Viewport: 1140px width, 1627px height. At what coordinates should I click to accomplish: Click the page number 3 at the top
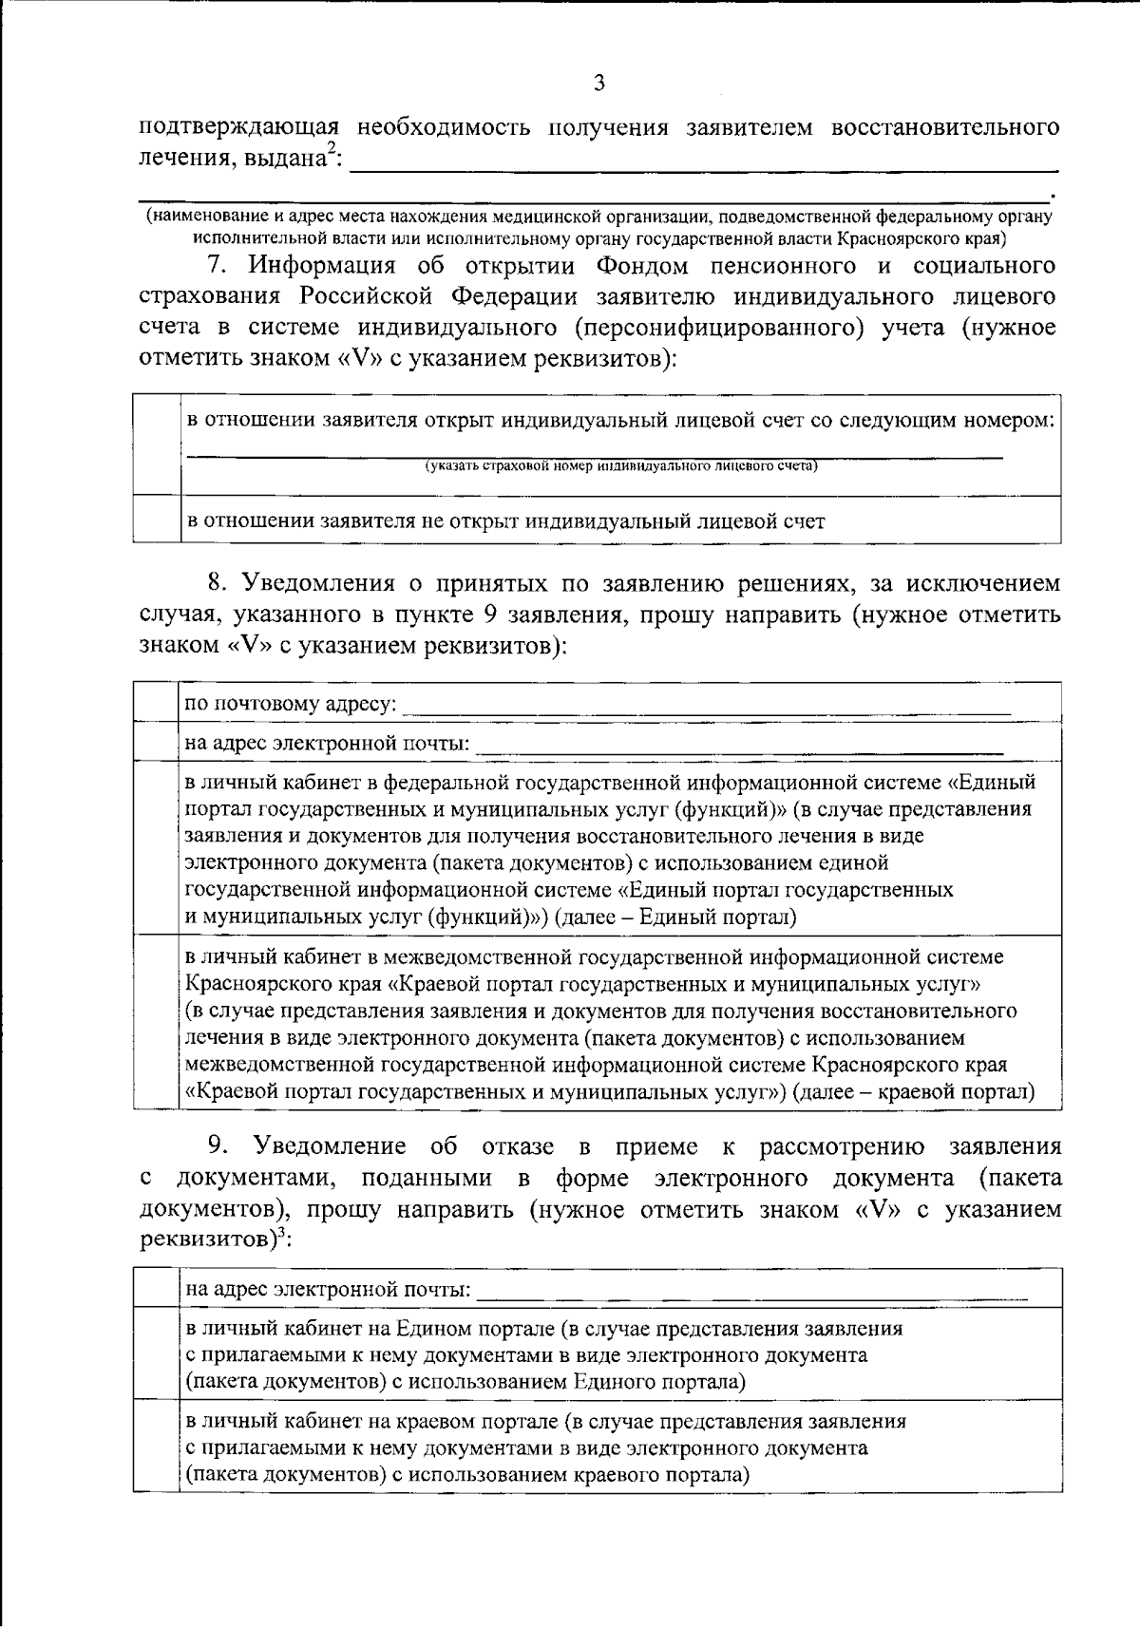pos(598,84)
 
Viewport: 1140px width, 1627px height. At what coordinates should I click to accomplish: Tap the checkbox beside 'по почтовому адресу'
pos(157,703)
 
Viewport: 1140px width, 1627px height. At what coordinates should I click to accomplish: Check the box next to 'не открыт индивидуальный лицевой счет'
pos(157,520)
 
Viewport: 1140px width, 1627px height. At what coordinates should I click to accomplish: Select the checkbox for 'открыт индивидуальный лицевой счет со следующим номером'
pos(157,445)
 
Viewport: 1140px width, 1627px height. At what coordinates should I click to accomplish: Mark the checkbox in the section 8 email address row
pos(157,742)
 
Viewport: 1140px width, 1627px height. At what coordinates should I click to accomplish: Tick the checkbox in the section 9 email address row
pos(157,1288)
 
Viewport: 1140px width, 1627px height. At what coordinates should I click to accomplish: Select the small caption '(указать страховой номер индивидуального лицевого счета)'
pos(620,465)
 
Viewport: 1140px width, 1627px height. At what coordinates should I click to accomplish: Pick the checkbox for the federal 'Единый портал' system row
pos(157,848)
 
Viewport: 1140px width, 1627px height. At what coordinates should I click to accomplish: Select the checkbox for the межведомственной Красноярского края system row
pos(157,1023)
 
